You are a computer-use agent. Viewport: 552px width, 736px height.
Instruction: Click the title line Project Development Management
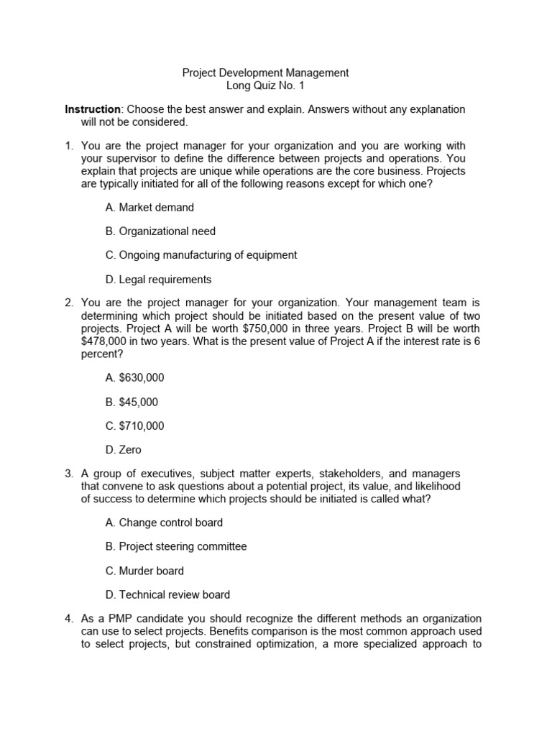(x=265, y=73)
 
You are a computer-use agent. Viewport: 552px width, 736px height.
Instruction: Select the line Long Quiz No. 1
(x=265, y=85)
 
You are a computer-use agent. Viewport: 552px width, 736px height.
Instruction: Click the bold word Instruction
(x=93, y=109)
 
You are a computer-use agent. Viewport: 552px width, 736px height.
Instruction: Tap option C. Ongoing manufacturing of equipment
(x=201, y=255)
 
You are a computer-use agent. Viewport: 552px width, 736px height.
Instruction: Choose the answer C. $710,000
(x=134, y=425)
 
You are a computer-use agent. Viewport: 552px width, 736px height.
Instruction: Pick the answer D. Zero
(x=123, y=450)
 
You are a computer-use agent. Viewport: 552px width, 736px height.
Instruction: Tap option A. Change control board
(x=164, y=523)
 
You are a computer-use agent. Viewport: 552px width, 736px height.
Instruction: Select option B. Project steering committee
(x=175, y=546)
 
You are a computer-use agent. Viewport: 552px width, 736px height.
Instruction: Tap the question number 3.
(x=69, y=474)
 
